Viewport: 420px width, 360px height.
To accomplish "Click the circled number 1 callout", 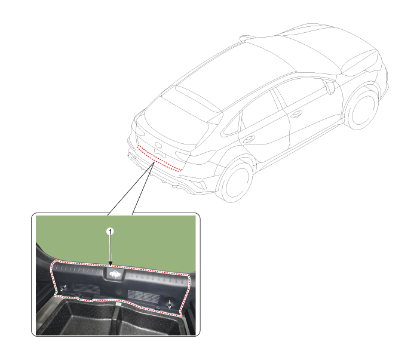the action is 110,231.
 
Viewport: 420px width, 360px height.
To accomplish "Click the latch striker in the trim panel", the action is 115,274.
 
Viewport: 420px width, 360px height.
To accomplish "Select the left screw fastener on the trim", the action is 63,288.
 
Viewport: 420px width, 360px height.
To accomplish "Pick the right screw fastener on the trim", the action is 170,304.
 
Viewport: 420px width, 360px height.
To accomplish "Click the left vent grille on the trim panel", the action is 86,288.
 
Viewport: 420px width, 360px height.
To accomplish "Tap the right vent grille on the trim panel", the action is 143,295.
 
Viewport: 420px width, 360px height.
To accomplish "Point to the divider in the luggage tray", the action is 117,319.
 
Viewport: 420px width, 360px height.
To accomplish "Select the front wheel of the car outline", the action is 362,108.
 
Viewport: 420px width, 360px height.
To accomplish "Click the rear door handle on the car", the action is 249,140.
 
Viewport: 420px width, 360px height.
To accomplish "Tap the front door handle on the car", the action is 296,114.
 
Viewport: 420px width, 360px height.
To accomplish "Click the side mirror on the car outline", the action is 330,87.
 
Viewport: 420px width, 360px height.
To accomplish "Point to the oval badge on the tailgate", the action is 158,146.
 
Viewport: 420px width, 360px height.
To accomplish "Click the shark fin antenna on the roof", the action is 247,38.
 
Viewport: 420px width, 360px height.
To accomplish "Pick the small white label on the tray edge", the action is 117,304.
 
